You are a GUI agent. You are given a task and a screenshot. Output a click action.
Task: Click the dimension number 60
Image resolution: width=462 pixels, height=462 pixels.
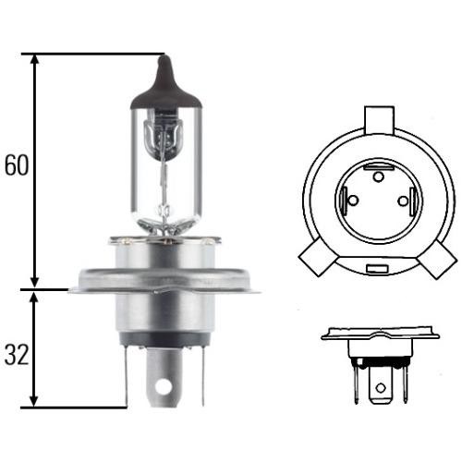(17, 164)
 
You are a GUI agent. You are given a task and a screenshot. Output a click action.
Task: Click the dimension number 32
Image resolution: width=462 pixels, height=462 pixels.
(17, 354)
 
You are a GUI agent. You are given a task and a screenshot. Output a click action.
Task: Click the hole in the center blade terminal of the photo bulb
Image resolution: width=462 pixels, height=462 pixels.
(164, 386)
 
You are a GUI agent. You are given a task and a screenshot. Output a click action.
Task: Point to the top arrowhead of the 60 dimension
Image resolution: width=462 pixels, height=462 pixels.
(35, 61)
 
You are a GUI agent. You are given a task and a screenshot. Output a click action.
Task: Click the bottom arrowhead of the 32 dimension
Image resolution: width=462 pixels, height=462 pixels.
(34, 399)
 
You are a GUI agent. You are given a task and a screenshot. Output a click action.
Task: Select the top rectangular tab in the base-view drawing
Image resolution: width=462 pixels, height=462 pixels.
(379, 120)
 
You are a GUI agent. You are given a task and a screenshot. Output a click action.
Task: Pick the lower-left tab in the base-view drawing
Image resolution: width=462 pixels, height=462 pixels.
(319, 258)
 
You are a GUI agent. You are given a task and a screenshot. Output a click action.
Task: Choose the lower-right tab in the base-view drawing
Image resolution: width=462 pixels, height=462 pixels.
(437, 259)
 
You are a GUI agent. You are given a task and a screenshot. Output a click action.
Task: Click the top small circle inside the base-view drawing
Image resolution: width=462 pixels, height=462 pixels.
(379, 176)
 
